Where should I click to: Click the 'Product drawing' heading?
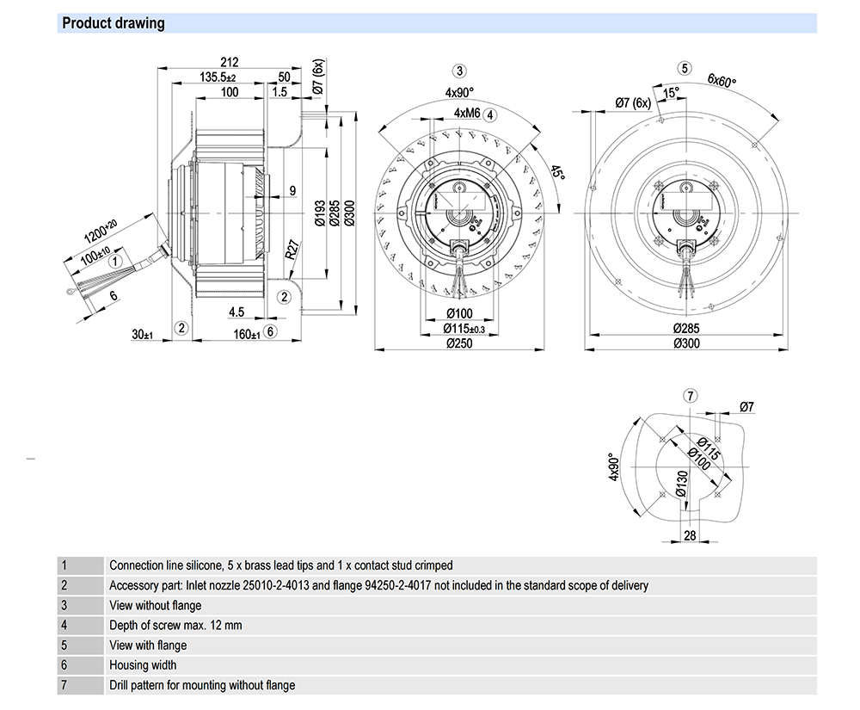(114, 23)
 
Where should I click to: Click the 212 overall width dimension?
(229, 63)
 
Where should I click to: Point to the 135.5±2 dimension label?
(218, 77)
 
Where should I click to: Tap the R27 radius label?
(292, 250)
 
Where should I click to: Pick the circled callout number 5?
(685, 68)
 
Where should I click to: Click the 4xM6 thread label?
(467, 114)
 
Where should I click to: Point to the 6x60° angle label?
(722, 83)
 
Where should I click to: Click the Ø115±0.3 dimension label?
(464, 329)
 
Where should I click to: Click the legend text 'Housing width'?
(143, 664)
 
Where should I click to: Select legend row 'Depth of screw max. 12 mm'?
(175, 625)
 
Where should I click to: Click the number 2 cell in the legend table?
(64, 585)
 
